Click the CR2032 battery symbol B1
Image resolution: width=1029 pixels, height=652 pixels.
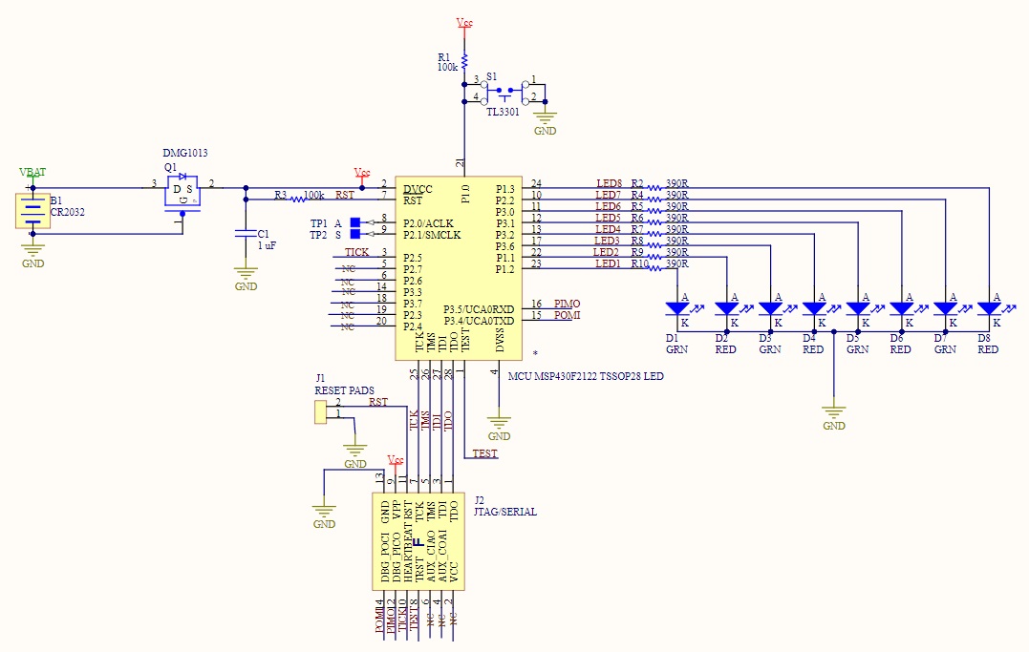33,211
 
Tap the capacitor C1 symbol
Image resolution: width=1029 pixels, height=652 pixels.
246,232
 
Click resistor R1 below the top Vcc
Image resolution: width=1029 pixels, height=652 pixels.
464,61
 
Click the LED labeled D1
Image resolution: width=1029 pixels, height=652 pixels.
677,308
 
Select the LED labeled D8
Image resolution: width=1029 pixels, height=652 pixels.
989,308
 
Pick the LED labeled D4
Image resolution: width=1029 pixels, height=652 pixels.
814,308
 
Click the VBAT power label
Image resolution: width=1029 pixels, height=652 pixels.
32,173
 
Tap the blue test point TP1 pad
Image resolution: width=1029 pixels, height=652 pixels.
355,223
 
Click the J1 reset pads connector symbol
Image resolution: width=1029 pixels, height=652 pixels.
320,411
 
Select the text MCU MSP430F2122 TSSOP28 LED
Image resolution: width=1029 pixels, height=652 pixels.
586,376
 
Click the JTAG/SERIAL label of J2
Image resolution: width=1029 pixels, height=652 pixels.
504,512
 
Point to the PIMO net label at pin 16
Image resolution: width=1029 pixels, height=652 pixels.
567,304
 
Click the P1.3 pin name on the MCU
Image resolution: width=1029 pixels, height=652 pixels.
504,189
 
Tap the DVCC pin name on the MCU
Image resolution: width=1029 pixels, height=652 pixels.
418,189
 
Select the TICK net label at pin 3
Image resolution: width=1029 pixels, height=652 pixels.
356,252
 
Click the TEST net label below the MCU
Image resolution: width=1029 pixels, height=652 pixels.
484,453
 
